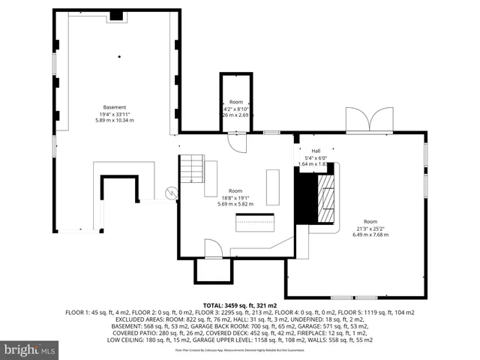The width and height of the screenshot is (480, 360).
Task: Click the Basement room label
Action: point(115,106)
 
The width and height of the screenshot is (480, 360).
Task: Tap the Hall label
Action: point(306,151)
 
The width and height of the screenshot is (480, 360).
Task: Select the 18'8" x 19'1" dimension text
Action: point(235,197)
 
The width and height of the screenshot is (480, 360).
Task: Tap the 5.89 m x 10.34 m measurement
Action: point(115,120)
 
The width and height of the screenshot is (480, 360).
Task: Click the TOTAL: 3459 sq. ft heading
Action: point(240,306)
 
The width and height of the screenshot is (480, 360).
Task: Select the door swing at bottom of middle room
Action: point(212,248)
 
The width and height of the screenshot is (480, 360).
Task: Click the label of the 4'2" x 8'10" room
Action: point(236,102)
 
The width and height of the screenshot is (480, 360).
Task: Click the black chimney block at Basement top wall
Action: point(116,15)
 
